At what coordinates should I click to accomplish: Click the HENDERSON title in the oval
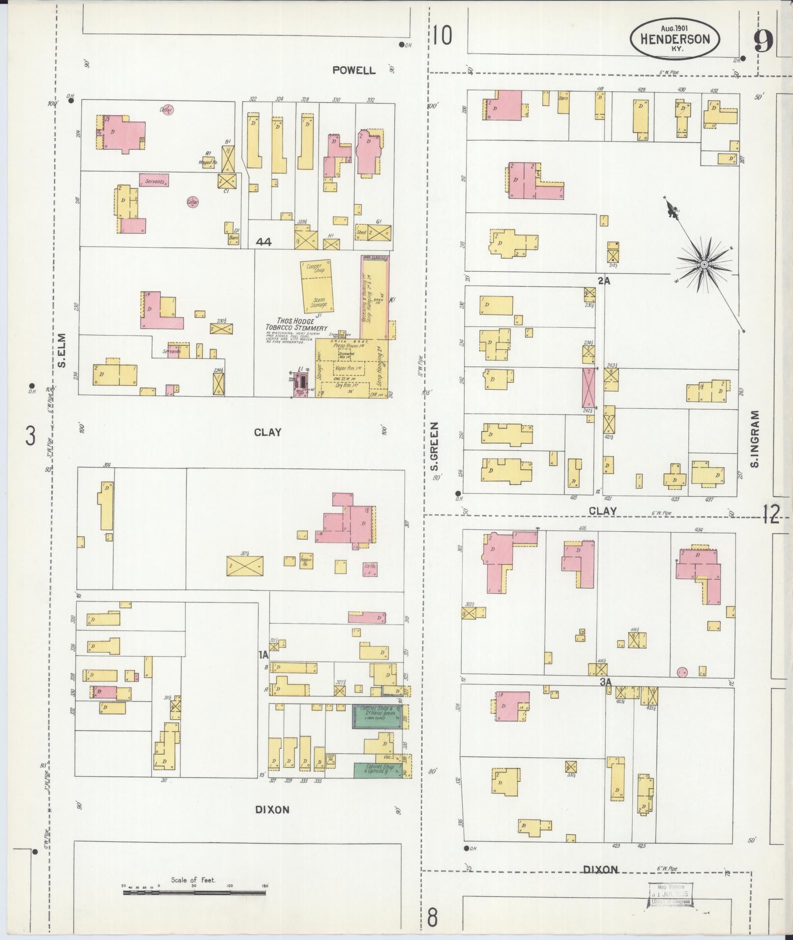pyautogui.click(x=675, y=40)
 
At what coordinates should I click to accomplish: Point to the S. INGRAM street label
pyautogui.click(x=756, y=439)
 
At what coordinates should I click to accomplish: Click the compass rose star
pyautogui.click(x=704, y=265)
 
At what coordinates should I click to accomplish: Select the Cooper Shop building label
pyautogui.click(x=315, y=268)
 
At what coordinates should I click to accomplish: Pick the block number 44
pyautogui.click(x=264, y=242)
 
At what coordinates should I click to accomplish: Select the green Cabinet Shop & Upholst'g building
pyautogui.click(x=378, y=784)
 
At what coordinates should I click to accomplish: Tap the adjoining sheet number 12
pyautogui.click(x=771, y=514)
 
